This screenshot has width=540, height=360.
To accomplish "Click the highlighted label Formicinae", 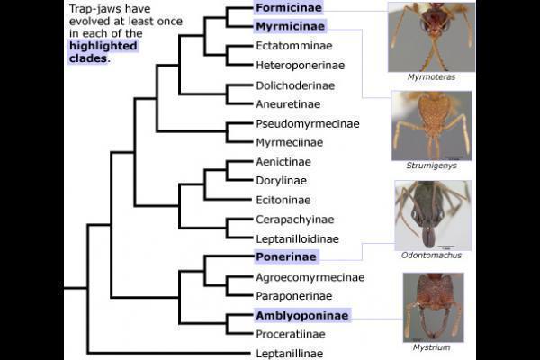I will coord(287,8).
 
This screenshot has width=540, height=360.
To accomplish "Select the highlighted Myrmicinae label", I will coord(289,27).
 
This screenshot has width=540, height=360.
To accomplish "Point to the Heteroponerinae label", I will coord(301,66).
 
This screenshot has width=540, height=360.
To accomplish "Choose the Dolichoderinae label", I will coord(295,85).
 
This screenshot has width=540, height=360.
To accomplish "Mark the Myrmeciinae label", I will coord(288,142).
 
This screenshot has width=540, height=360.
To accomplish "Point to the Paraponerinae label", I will coord(294,296).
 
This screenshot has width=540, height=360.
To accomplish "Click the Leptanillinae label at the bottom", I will coord(289,354).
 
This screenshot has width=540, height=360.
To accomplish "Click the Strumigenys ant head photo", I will coord(431,124).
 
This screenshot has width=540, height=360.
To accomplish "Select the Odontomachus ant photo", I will coord(432,215).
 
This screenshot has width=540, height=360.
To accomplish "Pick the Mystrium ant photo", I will coord(433,306).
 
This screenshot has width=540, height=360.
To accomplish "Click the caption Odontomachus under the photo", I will coord(431,256).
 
